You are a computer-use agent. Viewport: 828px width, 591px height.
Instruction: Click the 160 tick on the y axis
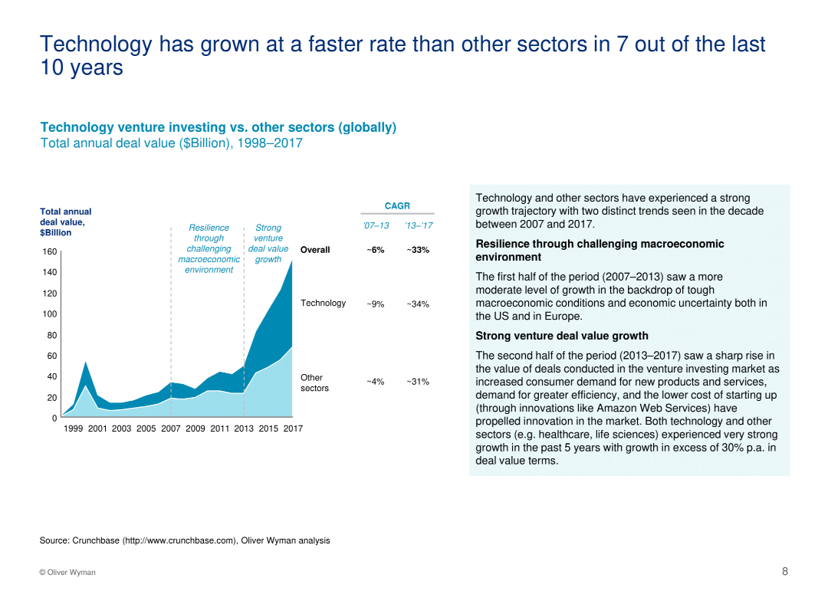(49, 252)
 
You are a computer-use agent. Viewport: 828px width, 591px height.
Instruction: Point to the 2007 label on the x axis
(171, 428)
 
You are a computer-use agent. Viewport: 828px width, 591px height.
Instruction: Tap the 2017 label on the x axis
(293, 428)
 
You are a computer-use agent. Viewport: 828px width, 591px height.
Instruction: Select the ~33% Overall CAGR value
(418, 250)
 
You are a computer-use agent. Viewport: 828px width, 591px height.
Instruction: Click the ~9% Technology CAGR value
(375, 304)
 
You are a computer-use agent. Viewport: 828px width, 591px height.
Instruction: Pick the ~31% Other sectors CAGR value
(418, 382)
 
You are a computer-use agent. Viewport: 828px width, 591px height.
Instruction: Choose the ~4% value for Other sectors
(375, 382)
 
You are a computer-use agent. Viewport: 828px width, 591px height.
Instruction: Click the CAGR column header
(397, 205)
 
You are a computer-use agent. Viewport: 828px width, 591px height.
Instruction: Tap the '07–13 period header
(376, 226)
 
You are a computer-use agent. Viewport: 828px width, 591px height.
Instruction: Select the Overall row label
(315, 250)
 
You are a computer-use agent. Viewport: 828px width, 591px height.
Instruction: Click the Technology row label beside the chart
(323, 303)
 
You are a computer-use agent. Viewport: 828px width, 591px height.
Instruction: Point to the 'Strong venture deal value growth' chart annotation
(268, 243)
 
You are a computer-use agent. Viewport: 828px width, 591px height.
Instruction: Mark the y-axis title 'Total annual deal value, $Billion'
(65, 222)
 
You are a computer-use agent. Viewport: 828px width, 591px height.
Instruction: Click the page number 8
(784, 571)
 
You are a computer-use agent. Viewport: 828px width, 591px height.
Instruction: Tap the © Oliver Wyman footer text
(67, 573)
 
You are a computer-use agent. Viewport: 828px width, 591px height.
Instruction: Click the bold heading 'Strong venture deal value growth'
(561, 336)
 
